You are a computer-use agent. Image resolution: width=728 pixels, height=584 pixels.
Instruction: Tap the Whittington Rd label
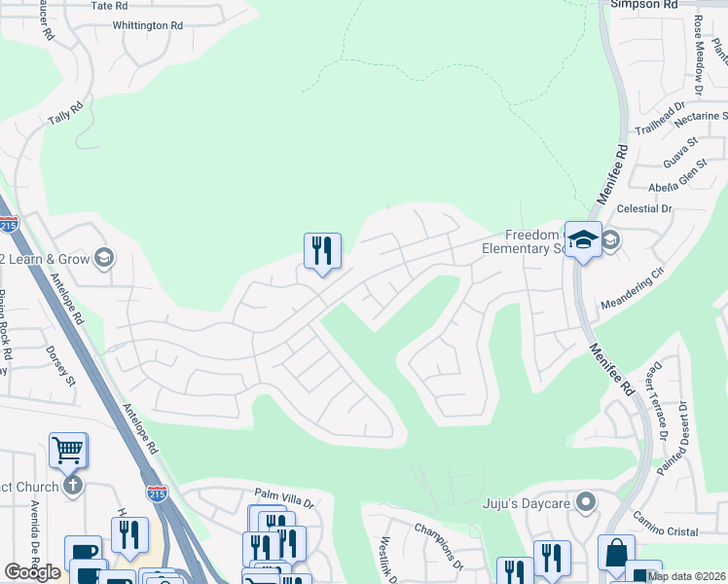pyautogui.click(x=147, y=25)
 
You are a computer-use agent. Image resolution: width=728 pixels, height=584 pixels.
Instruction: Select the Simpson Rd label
pyautogui.click(x=643, y=5)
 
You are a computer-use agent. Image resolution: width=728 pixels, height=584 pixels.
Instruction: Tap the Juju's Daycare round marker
pyautogui.click(x=585, y=503)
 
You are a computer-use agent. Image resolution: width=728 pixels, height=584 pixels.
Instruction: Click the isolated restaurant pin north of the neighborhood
pyautogui.click(x=322, y=251)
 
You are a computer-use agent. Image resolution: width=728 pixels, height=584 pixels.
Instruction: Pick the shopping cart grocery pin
pyautogui.click(x=68, y=450)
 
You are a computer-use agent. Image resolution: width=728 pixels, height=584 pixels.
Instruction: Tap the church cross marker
pyautogui.click(x=71, y=485)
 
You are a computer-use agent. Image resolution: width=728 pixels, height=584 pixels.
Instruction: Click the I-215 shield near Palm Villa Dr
pyautogui.click(x=157, y=494)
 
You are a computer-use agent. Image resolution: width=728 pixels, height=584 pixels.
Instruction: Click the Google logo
pyautogui.click(x=32, y=572)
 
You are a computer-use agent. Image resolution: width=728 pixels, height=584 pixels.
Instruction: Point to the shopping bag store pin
pyautogui.click(x=616, y=552)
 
